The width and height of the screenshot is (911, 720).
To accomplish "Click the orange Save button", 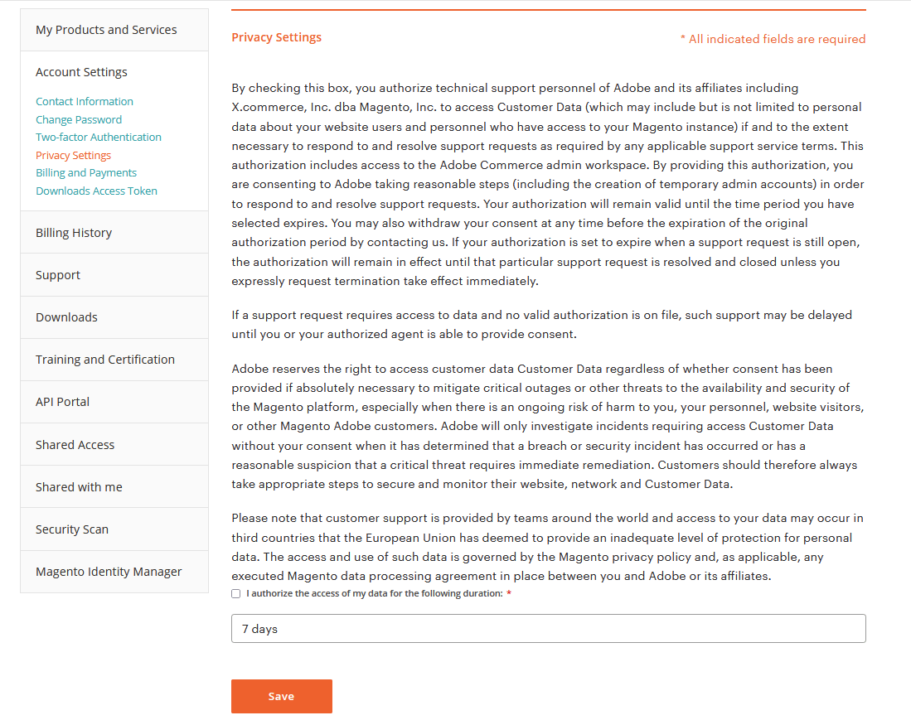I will click(281, 696).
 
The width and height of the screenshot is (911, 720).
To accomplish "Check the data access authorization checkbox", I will click(236, 593).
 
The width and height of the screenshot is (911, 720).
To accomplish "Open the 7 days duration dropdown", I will click(548, 629).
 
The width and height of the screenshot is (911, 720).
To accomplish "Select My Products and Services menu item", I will click(106, 30).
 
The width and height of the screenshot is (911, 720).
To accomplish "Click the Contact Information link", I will click(85, 101).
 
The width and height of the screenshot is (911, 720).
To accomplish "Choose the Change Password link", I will click(79, 119).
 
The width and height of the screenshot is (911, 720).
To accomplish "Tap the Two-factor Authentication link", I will click(99, 137).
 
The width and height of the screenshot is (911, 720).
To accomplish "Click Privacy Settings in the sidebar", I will click(73, 155).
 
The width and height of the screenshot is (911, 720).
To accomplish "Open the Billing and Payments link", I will click(86, 172).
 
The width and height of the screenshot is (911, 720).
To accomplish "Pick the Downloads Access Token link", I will click(96, 191).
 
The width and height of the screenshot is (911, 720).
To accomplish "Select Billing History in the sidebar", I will click(74, 233).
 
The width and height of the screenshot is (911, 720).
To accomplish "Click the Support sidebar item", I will click(58, 275).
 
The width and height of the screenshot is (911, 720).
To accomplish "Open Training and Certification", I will click(105, 360).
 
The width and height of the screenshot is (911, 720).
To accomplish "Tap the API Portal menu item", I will click(62, 402).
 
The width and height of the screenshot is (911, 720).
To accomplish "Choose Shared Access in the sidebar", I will click(75, 445).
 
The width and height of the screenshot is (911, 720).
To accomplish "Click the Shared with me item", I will click(79, 487).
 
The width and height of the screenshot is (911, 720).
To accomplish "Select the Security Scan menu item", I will click(72, 529).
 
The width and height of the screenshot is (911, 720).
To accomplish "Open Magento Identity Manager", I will click(109, 572).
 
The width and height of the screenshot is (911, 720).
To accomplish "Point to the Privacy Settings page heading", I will click(276, 37).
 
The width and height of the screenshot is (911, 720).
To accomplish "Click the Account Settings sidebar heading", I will click(81, 72).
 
